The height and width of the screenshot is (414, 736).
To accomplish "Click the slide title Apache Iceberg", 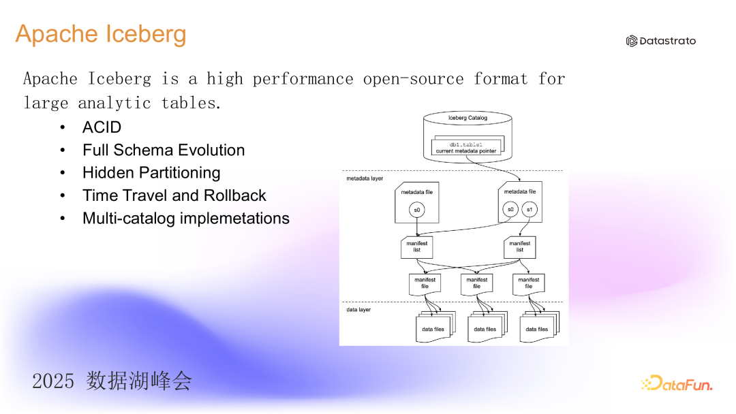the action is pyautogui.click(x=101, y=34).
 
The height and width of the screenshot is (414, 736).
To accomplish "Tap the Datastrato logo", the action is pyautogui.click(x=661, y=41).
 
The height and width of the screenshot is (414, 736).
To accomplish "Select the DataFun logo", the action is pyautogui.click(x=677, y=383).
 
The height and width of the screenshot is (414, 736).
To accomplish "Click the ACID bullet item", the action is pyautogui.click(x=102, y=127).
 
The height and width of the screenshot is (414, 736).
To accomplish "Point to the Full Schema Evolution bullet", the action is pyautogui.click(x=164, y=150).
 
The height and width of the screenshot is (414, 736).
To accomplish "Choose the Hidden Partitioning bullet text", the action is pyautogui.click(x=151, y=172).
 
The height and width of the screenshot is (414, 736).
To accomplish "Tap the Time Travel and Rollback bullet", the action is pyautogui.click(x=174, y=195).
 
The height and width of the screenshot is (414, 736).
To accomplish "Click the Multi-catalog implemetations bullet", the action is pyautogui.click(x=186, y=218).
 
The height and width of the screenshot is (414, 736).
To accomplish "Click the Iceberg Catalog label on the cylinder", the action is pyautogui.click(x=467, y=118).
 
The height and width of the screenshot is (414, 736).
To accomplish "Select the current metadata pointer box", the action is pyautogui.click(x=466, y=148).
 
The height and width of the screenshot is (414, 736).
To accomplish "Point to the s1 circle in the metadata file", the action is pyautogui.click(x=530, y=210).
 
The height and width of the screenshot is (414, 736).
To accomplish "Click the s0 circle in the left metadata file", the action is pyautogui.click(x=417, y=210).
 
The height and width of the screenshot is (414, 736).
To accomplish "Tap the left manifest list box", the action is pyautogui.click(x=417, y=246).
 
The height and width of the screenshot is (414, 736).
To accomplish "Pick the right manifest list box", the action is pyautogui.click(x=519, y=246).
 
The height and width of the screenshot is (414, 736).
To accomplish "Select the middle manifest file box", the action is pyautogui.click(x=477, y=284).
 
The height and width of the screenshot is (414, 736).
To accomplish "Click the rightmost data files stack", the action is pyautogui.click(x=539, y=327).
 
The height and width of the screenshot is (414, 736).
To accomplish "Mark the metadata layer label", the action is pyautogui.click(x=365, y=178).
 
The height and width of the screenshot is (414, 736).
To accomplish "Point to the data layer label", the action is pyautogui.click(x=358, y=310).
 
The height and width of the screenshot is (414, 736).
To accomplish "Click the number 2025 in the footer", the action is pyautogui.click(x=53, y=381).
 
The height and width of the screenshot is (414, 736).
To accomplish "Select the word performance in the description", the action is pyautogui.click(x=303, y=79).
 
